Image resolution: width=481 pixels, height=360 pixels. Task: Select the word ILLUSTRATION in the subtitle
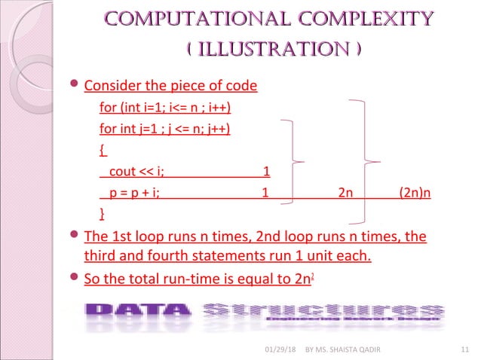point(272,50)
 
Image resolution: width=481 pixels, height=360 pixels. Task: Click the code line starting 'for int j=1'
point(165,128)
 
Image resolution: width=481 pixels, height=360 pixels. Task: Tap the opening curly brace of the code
point(103,149)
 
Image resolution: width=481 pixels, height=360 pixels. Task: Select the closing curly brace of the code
point(103,213)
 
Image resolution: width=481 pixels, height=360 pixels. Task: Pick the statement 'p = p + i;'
point(134,192)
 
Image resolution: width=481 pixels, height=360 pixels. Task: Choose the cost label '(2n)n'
point(415,192)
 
